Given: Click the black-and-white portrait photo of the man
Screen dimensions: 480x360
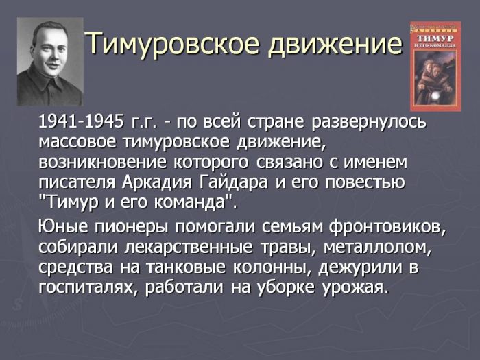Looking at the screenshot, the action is [x=50, y=62].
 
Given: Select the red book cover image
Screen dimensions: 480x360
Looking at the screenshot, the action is [x=435, y=66].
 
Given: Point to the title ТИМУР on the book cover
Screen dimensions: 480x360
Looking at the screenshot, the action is [x=435, y=38].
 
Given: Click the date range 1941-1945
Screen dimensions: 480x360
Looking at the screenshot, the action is [x=81, y=122].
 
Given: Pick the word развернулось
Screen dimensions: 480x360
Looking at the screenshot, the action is [x=369, y=123].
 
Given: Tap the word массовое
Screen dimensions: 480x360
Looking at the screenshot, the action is [x=77, y=143].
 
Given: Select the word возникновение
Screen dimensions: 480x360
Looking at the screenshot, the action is [x=103, y=163].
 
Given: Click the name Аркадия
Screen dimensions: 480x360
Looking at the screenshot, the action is [x=157, y=182].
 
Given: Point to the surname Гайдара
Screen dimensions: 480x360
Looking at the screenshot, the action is [x=233, y=182].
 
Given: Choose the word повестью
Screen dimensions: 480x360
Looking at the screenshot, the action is [x=365, y=182].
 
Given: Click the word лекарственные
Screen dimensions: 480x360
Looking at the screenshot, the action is [x=189, y=248].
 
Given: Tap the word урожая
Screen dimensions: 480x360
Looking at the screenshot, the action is [x=355, y=288].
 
